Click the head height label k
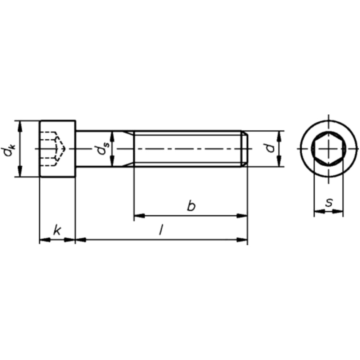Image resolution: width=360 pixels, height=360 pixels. [57, 230]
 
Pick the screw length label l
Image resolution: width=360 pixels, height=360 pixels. [161, 230]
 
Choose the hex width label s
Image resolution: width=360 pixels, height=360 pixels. [328, 203]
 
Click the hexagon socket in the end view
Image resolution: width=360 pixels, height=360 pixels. [328, 148]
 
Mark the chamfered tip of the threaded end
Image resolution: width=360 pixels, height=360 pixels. [244, 148]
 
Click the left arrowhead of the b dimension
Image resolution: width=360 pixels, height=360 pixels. [139, 216]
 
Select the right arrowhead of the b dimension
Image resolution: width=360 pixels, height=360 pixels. [243, 216]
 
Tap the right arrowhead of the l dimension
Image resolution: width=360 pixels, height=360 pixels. [243, 239]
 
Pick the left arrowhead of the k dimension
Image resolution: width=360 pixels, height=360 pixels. [44, 239]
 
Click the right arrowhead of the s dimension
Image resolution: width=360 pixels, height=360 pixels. [338, 212]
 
